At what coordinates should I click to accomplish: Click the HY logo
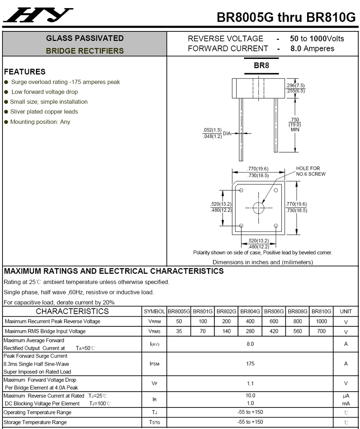[38, 15]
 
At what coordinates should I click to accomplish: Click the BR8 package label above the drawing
[261, 66]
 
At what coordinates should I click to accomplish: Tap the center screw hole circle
[258, 208]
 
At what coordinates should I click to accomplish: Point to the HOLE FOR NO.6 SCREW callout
[311, 171]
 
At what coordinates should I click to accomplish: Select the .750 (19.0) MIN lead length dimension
[295, 125]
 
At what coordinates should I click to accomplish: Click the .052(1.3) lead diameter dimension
[212, 130]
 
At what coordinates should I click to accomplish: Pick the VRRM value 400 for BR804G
[250, 321]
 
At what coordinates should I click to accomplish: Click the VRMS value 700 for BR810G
[321, 331]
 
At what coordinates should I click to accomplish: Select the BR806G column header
[274, 311]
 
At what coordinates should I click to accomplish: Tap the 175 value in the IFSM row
[250, 364]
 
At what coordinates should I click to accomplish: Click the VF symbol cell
[155, 384]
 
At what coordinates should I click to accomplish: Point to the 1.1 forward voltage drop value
[250, 384]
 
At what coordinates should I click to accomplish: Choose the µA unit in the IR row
[346, 396]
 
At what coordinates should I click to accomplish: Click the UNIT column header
[346, 311]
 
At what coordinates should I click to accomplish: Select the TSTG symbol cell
[155, 423]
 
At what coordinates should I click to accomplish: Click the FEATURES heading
[25, 72]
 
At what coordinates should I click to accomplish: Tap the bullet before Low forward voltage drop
[6, 92]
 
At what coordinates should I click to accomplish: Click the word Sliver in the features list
[17, 111]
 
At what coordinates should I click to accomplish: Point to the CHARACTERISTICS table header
[72, 311]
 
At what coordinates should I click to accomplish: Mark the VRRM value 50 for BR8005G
[179, 321]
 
